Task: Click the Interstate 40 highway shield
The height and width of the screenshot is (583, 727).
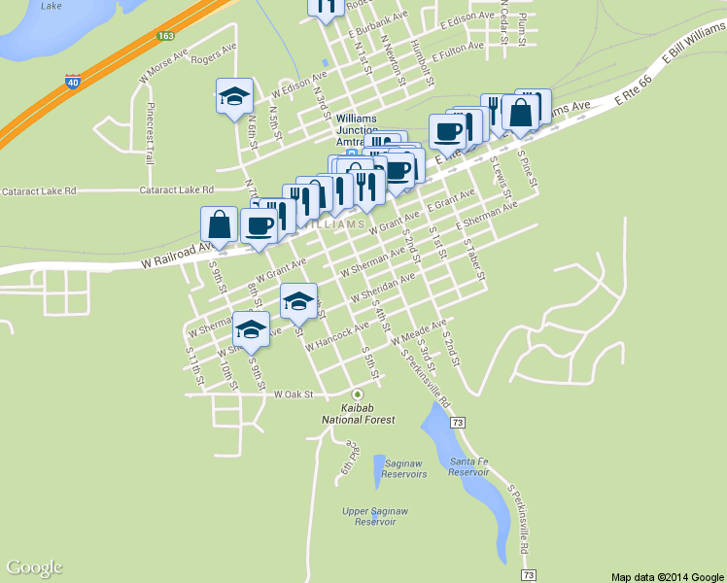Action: click(73, 82)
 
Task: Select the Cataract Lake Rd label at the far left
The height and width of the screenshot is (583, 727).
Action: click(38, 191)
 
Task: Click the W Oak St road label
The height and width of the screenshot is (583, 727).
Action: click(295, 395)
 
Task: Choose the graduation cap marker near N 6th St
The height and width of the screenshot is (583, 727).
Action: click(233, 97)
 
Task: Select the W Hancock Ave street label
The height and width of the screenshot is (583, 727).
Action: click(336, 337)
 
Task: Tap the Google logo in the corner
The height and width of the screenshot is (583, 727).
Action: click(34, 567)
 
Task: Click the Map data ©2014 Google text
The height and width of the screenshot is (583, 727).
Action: click(667, 576)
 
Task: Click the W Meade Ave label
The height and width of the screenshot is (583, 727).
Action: click(418, 332)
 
